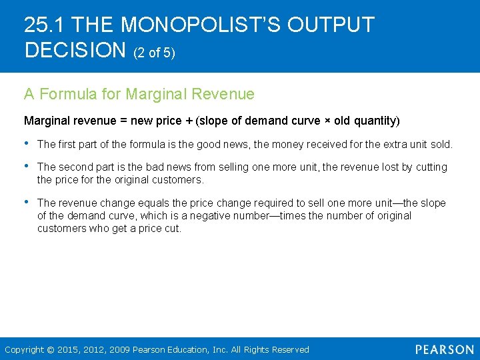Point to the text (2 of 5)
coord(155,53)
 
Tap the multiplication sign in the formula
coord(329,121)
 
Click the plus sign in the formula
coord(188,121)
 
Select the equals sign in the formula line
coord(123,121)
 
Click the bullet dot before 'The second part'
coord(27,167)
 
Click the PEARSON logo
coord(444,349)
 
